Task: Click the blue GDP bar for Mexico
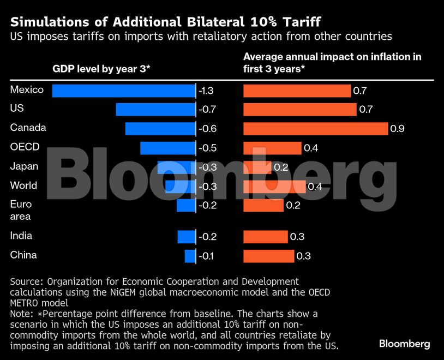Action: (124, 91)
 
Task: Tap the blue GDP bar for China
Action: (190, 256)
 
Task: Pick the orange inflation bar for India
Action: (265, 237)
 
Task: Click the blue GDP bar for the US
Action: (155, 110)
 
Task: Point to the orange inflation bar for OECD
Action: (272, 148)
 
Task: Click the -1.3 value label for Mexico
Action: (207, 91)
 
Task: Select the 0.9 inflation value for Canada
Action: (397, 129)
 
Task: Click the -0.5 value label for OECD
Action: (207, 148)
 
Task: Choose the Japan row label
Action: (23, 166)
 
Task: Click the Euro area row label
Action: (21, 210)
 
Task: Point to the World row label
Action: (23, 185)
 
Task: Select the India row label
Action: (21, 236)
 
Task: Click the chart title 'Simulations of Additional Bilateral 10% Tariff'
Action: (165, 22)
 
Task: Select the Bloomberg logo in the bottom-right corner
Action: (404, 344)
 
